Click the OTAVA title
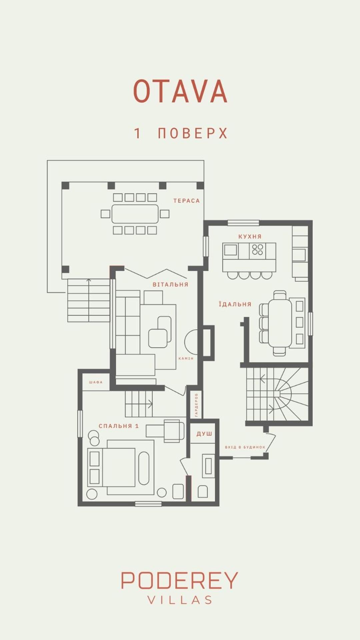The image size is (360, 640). (180, 91)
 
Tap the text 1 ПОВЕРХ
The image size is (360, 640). (181, 133)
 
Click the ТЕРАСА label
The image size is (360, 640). (187, 201)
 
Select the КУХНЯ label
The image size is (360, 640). (250, 236)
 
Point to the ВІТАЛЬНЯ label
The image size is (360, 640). (171, 284)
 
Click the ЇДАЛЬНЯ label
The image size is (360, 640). (235, 304)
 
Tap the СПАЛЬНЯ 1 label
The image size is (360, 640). (119, 426)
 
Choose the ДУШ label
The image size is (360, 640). (204, 434)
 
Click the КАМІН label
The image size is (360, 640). (186, 358)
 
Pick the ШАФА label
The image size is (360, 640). (96, 382)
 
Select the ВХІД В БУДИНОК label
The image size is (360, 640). (245, 447)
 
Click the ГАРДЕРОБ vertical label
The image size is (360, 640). (196, 405)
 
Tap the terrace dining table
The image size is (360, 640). (135, 214)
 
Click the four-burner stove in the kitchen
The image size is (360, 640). (258, 250)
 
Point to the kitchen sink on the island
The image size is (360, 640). (230, 250)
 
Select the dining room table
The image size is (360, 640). (280, 323)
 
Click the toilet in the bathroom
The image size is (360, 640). (203, 491)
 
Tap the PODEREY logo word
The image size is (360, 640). (179, 580)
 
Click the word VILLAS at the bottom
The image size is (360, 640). (180, 600)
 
